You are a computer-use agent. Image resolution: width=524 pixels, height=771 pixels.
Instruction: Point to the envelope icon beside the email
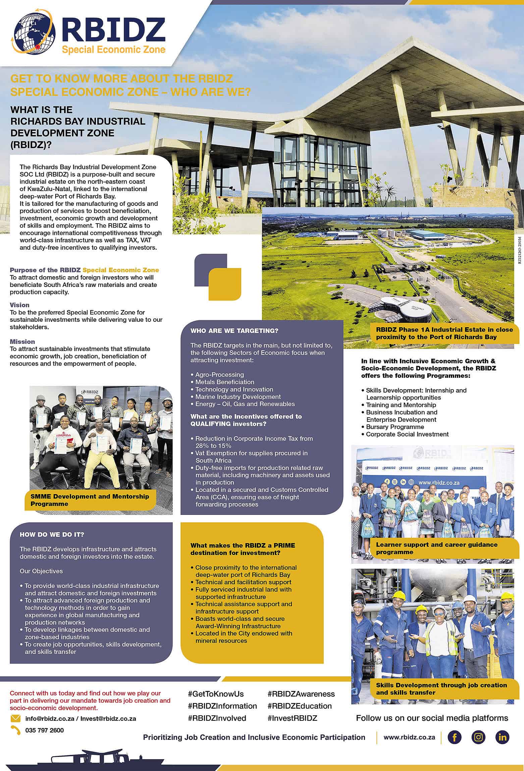pos(15,718)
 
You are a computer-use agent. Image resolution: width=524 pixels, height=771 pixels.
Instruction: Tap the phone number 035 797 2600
pos(44,730)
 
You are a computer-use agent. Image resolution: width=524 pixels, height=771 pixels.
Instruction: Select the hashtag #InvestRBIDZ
pos(292,718)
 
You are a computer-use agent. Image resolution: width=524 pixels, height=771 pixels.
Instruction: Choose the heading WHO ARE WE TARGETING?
pos(234,331)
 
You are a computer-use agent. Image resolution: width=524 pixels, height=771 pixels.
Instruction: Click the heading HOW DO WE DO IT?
pos(52,535)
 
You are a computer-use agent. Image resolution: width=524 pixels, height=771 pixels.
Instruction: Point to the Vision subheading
pos(19,305)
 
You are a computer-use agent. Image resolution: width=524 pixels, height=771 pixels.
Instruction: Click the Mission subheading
pos(22,342)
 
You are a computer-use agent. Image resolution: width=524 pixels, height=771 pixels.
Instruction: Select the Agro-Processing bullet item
pos(219,374)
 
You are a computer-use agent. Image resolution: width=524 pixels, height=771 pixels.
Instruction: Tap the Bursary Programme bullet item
pos(395,427)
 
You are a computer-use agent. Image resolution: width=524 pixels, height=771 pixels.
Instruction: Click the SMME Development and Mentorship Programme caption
pos(90,500)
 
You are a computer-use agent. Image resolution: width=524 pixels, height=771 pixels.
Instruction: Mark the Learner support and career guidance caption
pos(436,548)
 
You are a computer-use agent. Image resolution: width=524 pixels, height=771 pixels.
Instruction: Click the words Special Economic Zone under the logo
pos(113,50)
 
